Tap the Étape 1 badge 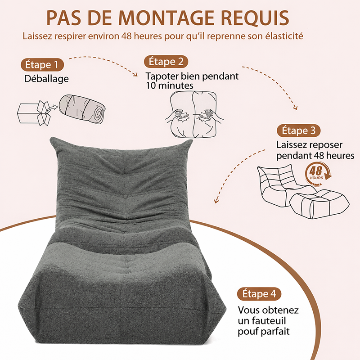[x=42, y=65]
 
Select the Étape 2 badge [x=166, y=62]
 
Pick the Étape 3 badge [x=298, y=130]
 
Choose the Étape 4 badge [x=259, y=294]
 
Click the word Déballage [x=46, y=79]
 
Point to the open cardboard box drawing [x=34, y=113]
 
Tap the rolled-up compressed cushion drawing [x=82, y=109]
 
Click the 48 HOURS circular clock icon [x=318, y=173]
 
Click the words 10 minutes [x=170, y=86]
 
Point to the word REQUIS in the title [x=255, y=18]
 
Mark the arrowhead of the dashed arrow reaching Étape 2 [x=135, y=74]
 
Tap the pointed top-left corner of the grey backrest [x=51, y=139]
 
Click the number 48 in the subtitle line [x=126, y=36]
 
